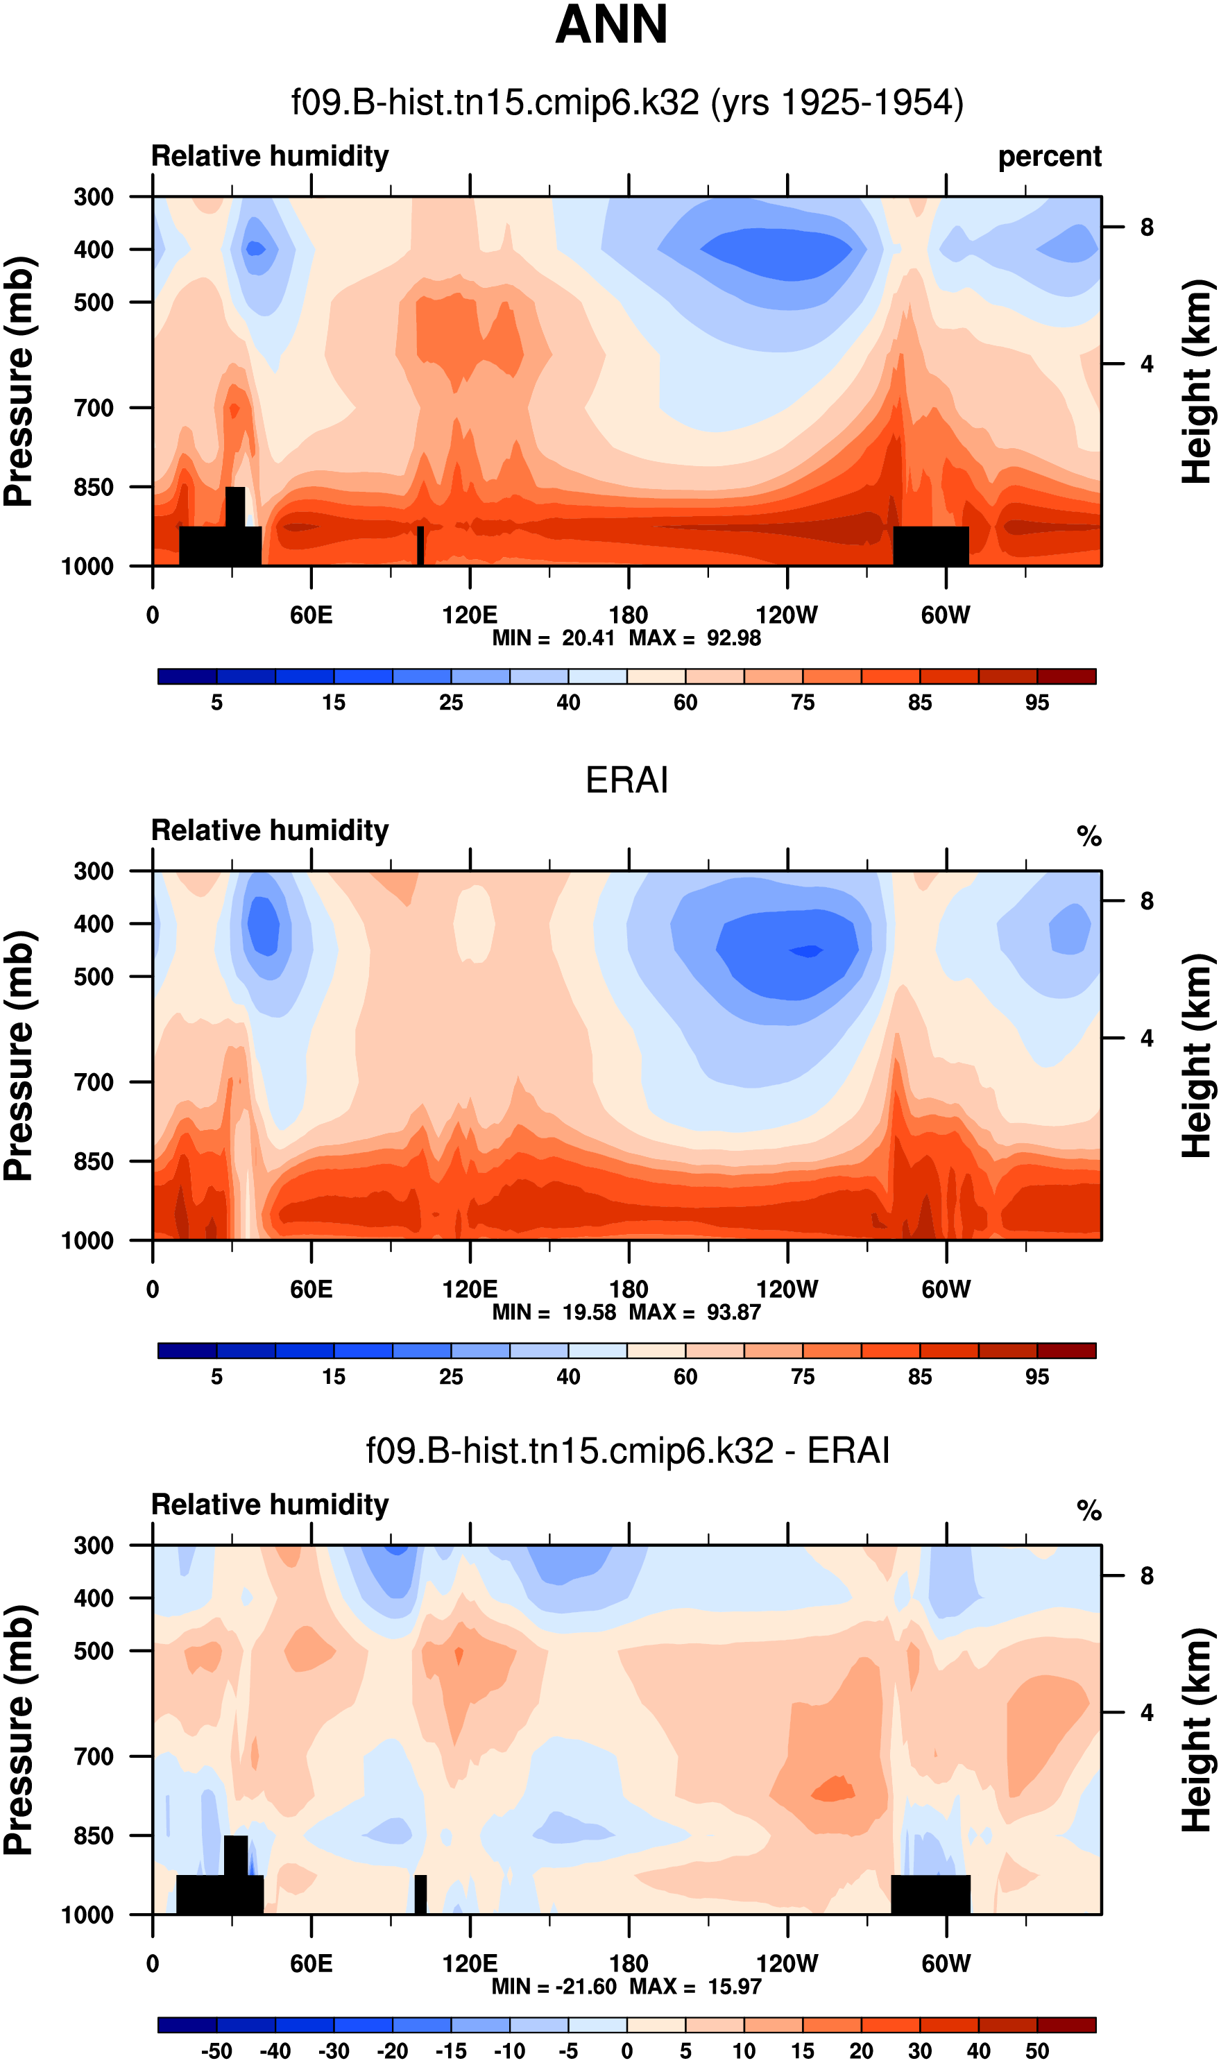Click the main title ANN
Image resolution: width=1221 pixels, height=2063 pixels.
(610, 25)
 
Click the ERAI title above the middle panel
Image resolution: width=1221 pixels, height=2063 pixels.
(626, 780)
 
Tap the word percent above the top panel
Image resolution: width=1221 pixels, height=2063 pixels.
(1049, 156)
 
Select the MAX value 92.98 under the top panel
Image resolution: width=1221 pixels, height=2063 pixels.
(734, 638)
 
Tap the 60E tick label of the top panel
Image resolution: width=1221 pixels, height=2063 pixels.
(311, 615)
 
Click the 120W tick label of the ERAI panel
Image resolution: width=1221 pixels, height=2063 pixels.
(787, 1289)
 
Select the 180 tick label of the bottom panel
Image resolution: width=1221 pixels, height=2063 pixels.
(629, 1964)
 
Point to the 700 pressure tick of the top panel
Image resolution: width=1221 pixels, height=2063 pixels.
(94, 408)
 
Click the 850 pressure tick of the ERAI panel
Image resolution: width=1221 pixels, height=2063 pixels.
(94, 1161)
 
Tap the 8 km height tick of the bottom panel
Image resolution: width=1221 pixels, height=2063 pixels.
(1146, 1576)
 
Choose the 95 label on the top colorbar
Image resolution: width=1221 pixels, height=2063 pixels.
(1036, 703)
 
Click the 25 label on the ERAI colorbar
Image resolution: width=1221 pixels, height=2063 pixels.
(451, 1377)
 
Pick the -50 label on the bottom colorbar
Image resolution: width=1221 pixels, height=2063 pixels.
(216, 2051)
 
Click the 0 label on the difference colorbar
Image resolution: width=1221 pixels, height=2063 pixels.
(627, 2051)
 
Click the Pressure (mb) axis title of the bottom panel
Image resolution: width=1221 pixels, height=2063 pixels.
(18, 1730)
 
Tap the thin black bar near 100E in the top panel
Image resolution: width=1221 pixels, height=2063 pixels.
(420, 546)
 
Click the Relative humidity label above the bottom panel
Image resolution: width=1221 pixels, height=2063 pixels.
(270, 1505)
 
